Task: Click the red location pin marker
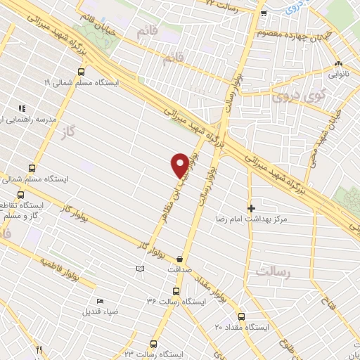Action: coord(180,164)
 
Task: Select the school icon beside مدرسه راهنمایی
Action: coord(22,108)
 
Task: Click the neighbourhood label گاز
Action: coord(67,131)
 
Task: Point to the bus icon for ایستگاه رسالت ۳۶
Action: coord(176,290)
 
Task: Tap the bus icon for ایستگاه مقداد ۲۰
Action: coord(241,316)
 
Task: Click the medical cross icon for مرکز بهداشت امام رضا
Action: coord(251,208)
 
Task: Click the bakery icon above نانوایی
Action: coord(338,63)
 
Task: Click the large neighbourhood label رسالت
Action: coord(273,271)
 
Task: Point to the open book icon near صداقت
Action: coord(140,269)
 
